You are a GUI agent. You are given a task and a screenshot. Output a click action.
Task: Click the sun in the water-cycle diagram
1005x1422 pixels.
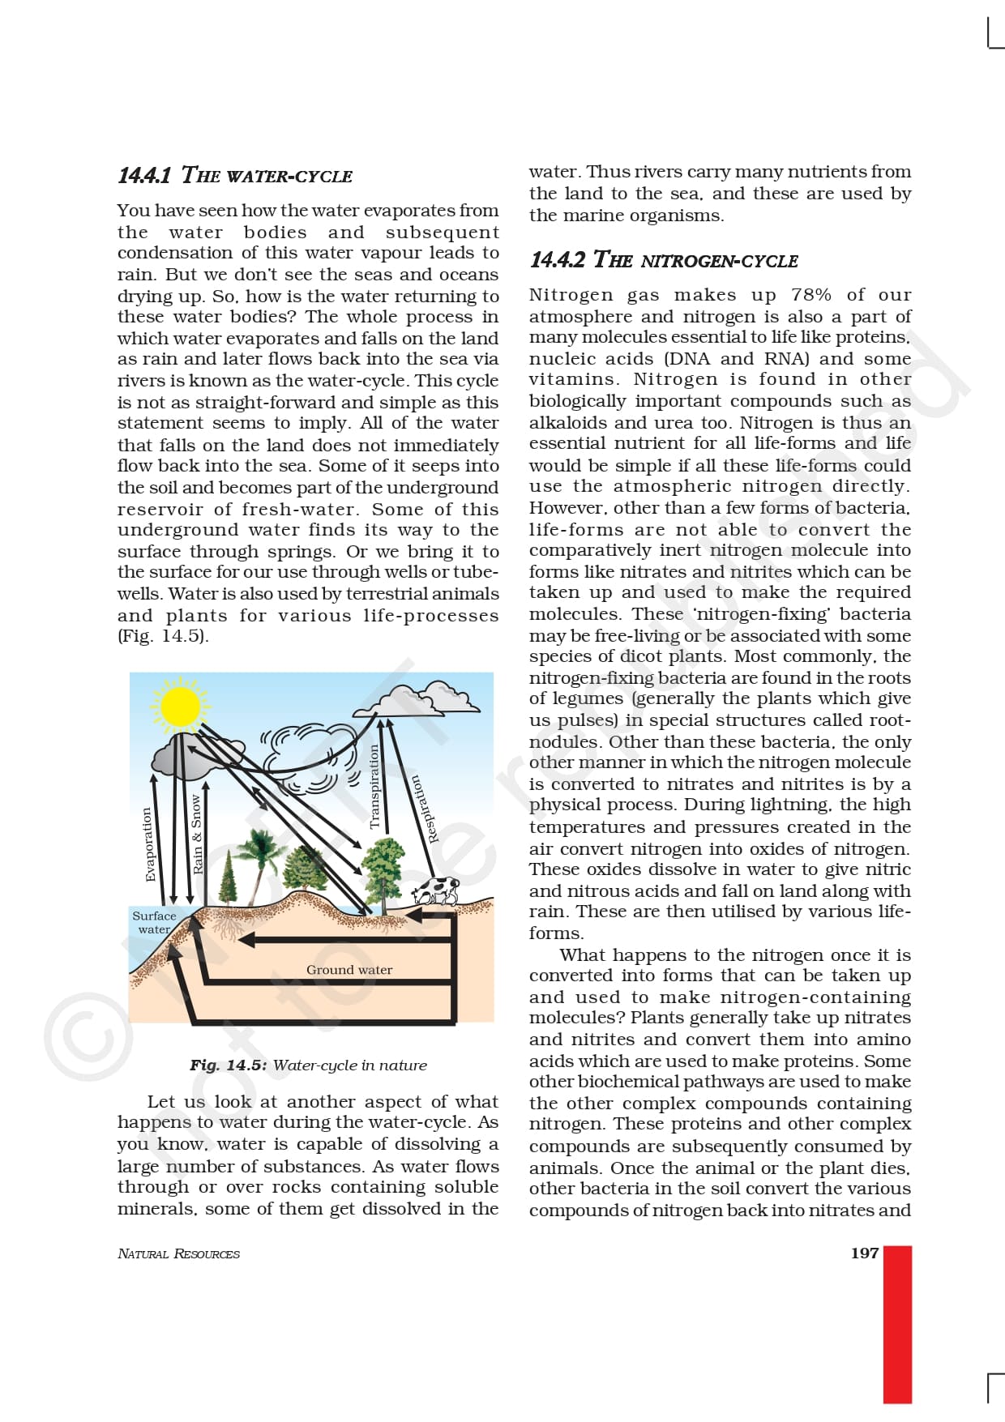click(x=180, y=706)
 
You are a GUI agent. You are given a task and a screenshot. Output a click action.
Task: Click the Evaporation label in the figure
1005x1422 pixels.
click(x=148, y=843)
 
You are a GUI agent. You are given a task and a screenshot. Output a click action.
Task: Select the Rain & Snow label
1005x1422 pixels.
click(x=197, y=834)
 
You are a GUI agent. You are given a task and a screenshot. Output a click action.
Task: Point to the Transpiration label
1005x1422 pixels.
click(x=374, y=786)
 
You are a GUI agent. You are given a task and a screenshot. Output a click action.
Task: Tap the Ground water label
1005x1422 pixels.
click(x=349, y=970)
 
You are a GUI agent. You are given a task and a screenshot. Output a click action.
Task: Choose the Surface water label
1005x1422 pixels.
click(x=154, y=923)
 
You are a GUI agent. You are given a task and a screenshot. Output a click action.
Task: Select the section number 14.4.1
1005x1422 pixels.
click(x=144, y=176)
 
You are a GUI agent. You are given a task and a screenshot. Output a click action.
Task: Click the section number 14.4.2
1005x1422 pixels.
click(x=557, y=260)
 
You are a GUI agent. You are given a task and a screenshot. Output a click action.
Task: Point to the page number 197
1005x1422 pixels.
click(x=864, y=1253)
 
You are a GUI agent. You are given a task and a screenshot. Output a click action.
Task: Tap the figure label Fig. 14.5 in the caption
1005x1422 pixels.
click(x=228, y=1065)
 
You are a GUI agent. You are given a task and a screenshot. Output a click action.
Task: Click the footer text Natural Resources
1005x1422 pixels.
click(x=178, y=1253)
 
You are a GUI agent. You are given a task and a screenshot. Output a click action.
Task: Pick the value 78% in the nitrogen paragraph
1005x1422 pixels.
click(x=811, y=295)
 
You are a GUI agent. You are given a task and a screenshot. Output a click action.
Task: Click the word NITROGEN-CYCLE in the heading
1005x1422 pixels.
click(x=719, y=261)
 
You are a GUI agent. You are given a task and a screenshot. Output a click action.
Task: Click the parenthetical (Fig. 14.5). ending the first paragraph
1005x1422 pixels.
click(x=163, y=636)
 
